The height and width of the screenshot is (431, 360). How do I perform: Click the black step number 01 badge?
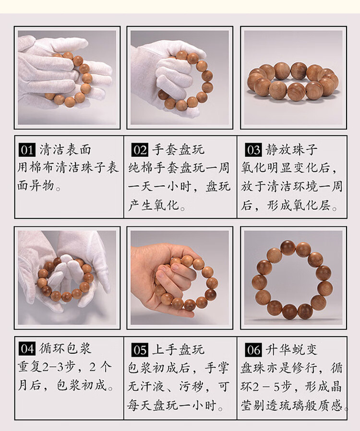[27, 150]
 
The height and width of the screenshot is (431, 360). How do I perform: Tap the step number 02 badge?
[140, 150]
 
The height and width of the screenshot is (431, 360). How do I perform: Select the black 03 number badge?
[253, 150]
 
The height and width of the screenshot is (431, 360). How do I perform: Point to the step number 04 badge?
[27, 349]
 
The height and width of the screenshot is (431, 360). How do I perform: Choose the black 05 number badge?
[140, 349]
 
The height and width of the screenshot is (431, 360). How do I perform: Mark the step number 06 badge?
[253, 349]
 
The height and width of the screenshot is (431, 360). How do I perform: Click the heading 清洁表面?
[65, 150]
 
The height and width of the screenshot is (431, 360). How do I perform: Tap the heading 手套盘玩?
[179, 150]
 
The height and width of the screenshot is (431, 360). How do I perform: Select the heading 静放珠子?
[291, 150]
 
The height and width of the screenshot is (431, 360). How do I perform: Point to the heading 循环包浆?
[65, 348]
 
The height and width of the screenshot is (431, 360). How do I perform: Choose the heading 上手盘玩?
[179, 349]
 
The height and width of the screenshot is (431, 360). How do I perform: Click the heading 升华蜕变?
[291, 349]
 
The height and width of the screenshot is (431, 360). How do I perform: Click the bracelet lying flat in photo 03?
[293, 81]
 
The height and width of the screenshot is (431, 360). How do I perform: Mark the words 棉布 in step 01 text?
[43, 168]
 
